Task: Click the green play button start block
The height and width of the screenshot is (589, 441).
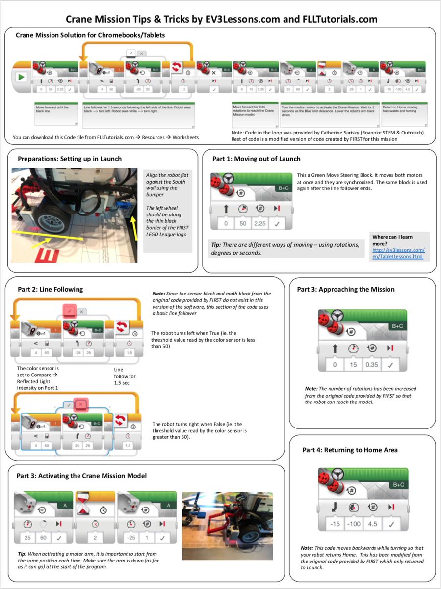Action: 21,78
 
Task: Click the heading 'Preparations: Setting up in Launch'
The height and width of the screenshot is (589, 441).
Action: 70,159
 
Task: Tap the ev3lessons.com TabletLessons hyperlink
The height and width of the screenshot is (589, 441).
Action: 398,253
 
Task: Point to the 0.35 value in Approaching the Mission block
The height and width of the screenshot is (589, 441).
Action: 371,365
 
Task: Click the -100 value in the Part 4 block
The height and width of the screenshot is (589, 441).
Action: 353,524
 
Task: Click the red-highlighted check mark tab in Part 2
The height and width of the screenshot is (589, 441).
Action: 69,310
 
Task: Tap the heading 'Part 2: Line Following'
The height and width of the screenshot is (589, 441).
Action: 50,289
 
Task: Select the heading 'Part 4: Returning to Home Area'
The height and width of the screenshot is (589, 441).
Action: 350,450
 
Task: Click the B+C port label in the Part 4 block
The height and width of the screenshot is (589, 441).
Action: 399,485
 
